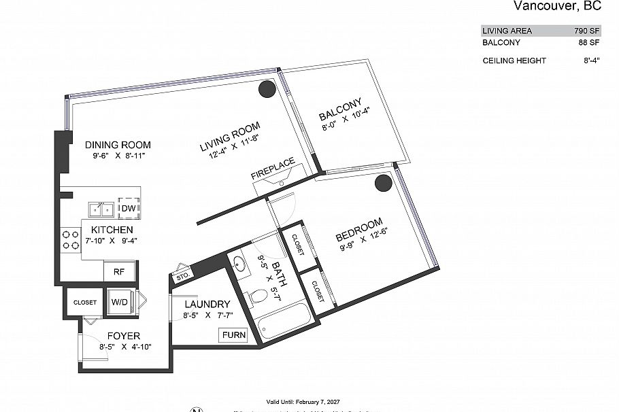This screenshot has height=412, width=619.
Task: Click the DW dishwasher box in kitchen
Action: pyautogui.click(x=128, y=208)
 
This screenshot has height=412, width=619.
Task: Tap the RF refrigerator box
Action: pyautogui.click(x=119, y=271)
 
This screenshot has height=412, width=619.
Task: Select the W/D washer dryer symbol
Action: pyautogui.click(x=120, y=302)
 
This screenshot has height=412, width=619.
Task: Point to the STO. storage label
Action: pyautogui.click(x=182, y=276)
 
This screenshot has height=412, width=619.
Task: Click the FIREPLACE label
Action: pyautogui.click(x=273, y=169)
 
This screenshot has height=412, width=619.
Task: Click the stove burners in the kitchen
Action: pyautogui.click(x=70, y=239)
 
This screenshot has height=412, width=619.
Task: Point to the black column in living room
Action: pyautogui.click(x=265, y=90)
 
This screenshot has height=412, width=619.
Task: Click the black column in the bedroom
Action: pyautogui.click(x=384, y=182)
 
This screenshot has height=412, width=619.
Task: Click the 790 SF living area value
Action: pyautogui.click(x=585, y=31)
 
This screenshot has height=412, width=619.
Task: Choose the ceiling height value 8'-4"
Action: pyautogui.click(x=590, y=61)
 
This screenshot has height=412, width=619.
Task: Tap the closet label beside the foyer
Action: pyautogui.click(x=84, y=303)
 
